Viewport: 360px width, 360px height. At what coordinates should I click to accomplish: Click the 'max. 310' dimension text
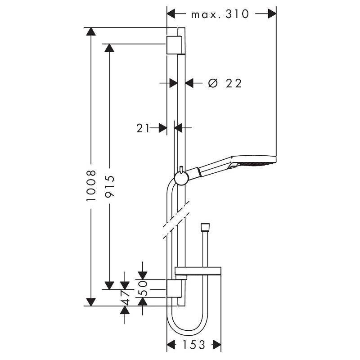pyautogui.click(x=220, y=14)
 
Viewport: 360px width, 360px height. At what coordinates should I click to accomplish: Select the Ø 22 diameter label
pyautogui.click(x=225, y=83)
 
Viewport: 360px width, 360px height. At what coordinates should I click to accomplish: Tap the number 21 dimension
pyautogui.click(x=143, y=128)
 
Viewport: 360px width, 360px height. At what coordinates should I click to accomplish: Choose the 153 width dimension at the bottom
pyautogui.click(x=194, y=345)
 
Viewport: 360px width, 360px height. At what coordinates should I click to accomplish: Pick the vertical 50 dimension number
pyautogui.click(x=143, y=288)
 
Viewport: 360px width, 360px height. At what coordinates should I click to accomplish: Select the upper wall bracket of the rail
pyautogui.click(x=175, y=45)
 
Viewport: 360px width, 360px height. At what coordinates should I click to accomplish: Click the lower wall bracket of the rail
pyautogui.click(x=175, y=288)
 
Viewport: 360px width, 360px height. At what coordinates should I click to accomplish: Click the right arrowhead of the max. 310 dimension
pyautogui.click(x=271, y=14)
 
